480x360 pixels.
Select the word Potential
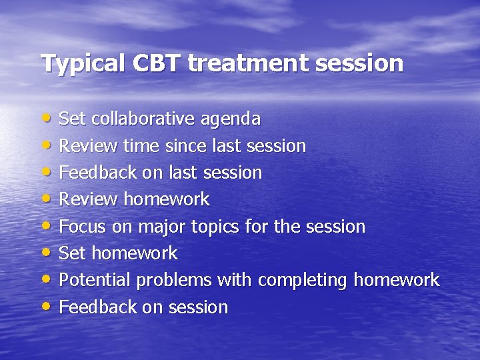click(x=95, y=280)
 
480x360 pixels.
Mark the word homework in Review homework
click(x=167, y=199)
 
